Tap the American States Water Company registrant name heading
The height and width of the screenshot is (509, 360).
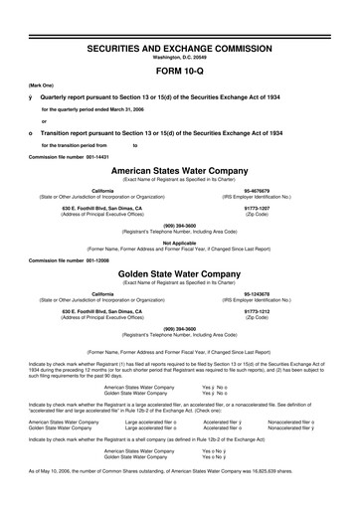(x=179, y=171)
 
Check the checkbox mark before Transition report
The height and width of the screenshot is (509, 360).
(x=33, y=133)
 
